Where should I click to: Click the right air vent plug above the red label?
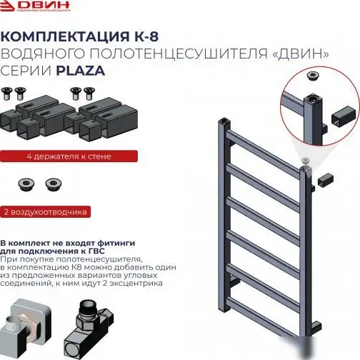click(x=52, y=184)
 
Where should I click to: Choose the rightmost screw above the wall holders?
click(x=89, y=91)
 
